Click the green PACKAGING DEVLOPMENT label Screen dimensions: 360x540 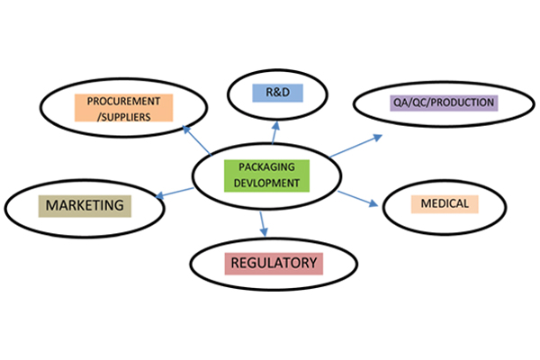pos(266,175)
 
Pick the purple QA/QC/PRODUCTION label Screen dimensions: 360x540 pos(444,103)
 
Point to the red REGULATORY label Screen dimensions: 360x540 pos(274,263)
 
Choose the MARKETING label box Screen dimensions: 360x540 pos(85,205)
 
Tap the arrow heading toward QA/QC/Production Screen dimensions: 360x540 pos(355,147)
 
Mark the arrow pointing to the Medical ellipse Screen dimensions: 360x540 pos(359,195)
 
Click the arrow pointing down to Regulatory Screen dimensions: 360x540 pos(262,220)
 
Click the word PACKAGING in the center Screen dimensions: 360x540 pos(266,167)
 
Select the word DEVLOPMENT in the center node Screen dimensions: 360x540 pos(266,182)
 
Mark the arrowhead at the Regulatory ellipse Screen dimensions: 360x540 pos(263,232)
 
